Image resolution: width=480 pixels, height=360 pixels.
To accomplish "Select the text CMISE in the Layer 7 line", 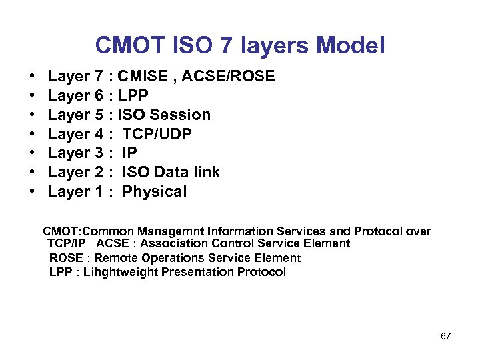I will [x=142, y=77].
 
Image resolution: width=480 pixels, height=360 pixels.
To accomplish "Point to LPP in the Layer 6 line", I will [x=133, y=96].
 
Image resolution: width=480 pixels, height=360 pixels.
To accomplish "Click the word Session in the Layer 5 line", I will [x=182, y=115].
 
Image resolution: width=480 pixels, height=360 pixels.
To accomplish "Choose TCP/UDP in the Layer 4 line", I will [x=157, y=135].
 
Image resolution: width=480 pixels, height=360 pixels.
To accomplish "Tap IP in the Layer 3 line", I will [x=130, y=153].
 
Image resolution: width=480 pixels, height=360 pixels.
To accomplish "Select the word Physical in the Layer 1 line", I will [x=155, y=192].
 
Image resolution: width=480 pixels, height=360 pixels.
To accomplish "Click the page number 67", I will [x=446, y=335].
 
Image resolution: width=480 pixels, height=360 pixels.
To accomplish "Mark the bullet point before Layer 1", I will [x=32, y=193].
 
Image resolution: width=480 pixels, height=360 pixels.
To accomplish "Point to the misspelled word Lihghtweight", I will [x=121, y=272].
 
